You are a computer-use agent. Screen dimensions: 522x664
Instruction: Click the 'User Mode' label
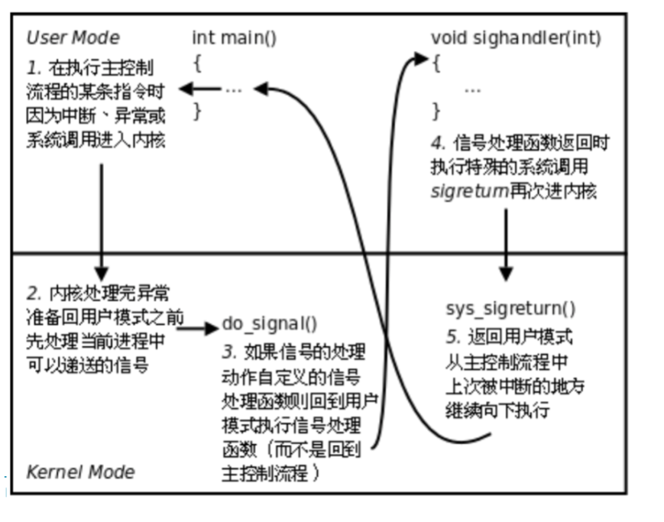[73, 37]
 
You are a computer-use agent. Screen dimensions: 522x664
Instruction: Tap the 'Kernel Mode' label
[80, 472]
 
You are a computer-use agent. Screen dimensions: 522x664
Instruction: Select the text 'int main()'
[234, 37]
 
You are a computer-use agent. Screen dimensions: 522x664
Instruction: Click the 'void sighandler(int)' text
[515, 37]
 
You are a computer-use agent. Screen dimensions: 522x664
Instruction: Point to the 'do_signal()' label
[270, 323]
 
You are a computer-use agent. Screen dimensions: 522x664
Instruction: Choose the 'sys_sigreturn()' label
[510, 309]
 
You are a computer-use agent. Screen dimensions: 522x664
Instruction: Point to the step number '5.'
[452, 337]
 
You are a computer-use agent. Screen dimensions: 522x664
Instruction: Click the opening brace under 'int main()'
[197, 63]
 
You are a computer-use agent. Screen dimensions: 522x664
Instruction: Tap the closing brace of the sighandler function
[436, 112]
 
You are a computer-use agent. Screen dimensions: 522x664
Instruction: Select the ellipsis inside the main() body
[234, 89]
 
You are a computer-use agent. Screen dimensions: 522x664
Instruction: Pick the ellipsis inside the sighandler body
[472, 89]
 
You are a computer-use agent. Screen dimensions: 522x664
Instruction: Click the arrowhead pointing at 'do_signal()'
[212, 329]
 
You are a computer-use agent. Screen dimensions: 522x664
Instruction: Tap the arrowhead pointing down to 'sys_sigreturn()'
[505, 274]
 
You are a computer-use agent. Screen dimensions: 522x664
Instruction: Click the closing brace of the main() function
[197, 112]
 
